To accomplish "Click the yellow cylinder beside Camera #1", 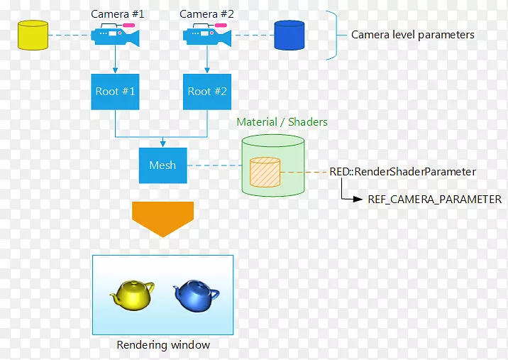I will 32,35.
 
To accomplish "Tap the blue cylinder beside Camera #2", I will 289,35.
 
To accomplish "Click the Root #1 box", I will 116,92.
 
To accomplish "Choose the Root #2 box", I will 207,92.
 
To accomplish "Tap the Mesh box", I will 162,165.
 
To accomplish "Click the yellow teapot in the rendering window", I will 133,294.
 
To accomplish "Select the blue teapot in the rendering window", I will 196,294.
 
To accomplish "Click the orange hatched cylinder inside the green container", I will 265,172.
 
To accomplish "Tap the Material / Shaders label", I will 282,122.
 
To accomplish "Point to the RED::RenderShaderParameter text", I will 402,172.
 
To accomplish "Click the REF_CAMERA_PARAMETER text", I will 434,200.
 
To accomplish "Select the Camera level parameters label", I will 413,35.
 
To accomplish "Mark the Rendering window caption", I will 163,345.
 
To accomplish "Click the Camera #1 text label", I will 118,14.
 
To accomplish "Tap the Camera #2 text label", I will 206,14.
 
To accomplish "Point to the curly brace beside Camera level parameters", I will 331,35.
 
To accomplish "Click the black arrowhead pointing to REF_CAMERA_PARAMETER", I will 358,200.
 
